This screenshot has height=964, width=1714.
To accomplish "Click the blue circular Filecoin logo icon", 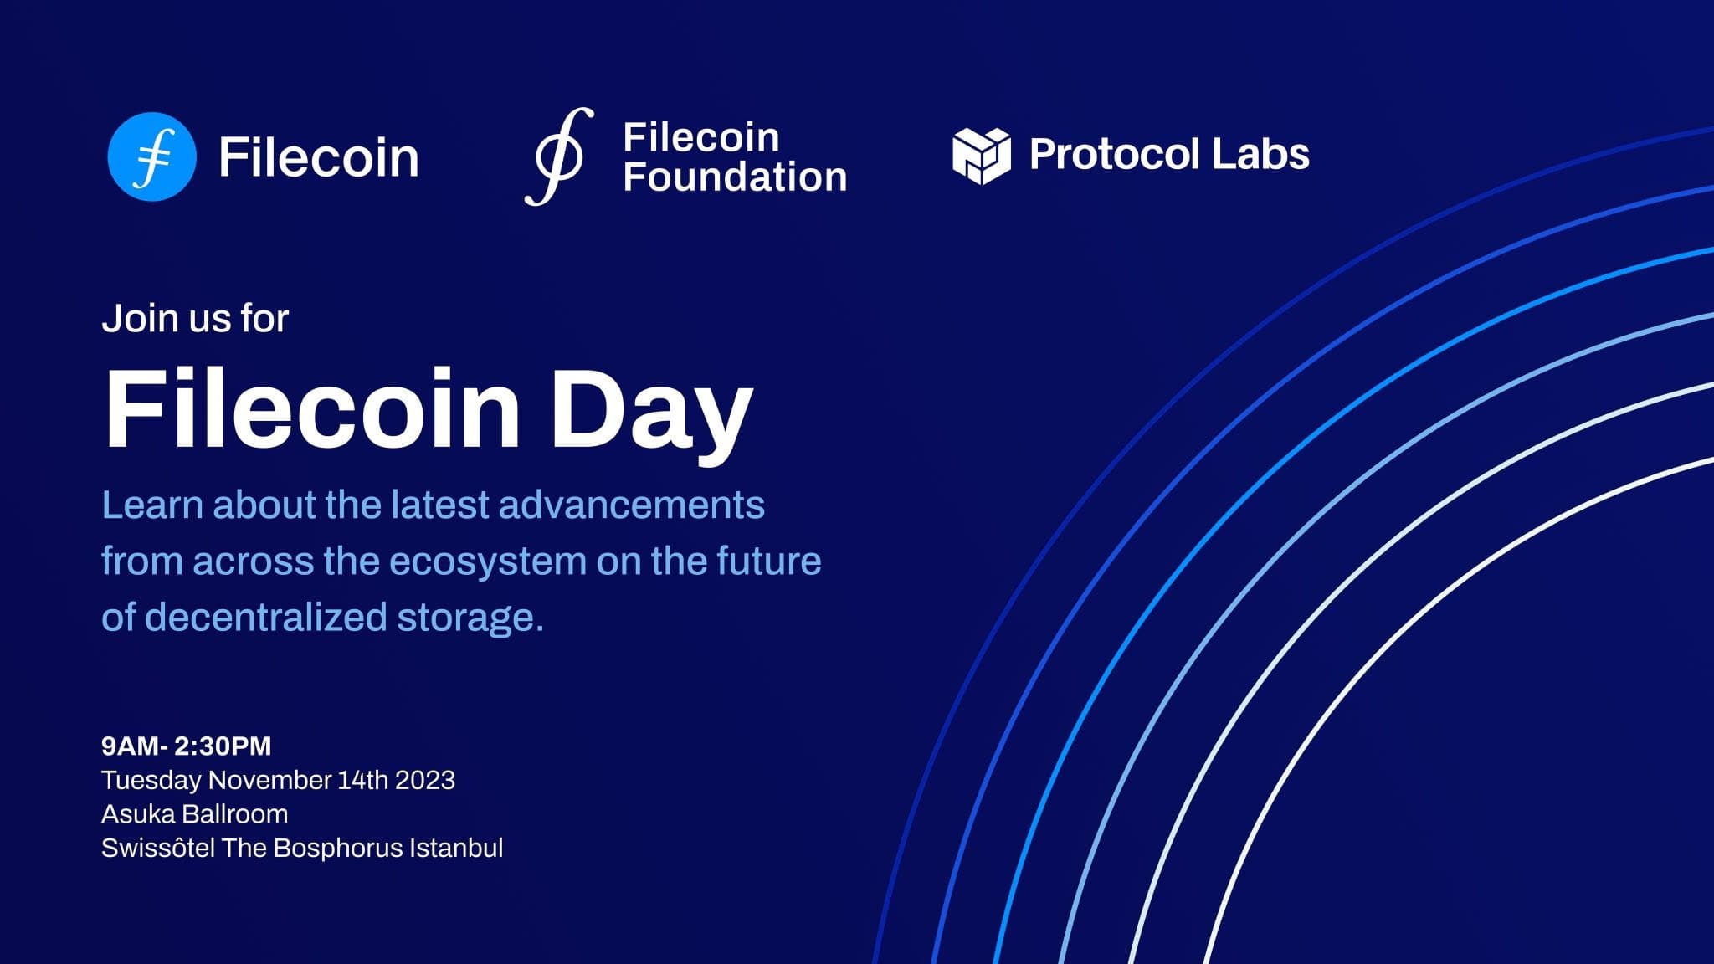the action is point(151,156).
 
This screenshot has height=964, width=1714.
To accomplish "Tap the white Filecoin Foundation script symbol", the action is point(559,156).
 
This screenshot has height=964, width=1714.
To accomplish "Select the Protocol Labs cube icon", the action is point(981,156).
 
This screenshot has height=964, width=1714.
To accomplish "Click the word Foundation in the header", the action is point(735,177).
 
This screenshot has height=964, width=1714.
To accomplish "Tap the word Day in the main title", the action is point(652,411).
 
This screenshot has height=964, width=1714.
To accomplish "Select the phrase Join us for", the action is point(195,318).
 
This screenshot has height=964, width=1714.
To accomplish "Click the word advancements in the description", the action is point(632,505).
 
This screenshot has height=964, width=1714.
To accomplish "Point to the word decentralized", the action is point(266,617).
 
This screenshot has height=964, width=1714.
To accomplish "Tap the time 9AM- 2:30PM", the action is point(186,746).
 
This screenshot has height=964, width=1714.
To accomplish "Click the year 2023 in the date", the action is point(425,780).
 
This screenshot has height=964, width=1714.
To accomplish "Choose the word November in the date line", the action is point(269,780).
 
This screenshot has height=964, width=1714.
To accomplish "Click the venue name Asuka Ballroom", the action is point(194,813).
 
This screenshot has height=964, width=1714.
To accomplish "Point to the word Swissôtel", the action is point(157,848).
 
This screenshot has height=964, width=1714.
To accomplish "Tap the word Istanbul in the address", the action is point(456,848).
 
